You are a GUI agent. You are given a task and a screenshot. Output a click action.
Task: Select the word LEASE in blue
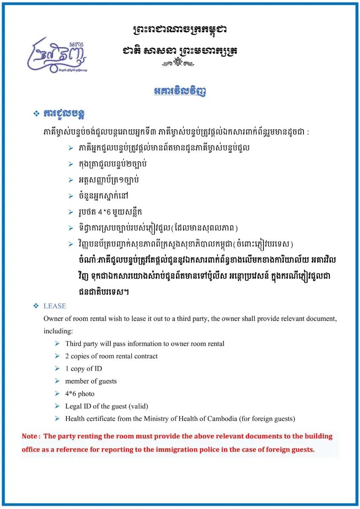(x=55, y=306)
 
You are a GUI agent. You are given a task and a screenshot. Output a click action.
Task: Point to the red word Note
(x=30, y=436)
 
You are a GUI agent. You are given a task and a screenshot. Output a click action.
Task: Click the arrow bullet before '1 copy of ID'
(x=57, y=369)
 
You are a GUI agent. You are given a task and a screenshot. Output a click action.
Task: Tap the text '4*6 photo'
(x=80, y=394)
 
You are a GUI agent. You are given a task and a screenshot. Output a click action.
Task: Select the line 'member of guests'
(x=91, y=381)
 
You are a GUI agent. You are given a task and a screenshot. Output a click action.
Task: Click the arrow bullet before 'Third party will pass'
(x=57, y=343)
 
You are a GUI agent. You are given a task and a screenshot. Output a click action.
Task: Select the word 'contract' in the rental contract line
(x=146, y=356)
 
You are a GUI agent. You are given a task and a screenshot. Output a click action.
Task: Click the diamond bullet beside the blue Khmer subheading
(x=36, y=114)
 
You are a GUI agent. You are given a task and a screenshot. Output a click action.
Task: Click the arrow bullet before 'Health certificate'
(x=57, y=419)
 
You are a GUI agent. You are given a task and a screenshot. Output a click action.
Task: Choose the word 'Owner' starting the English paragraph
(x=53, y=318)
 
